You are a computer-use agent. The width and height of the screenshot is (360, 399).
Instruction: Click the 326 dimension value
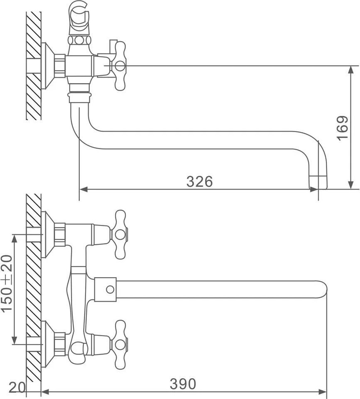[199, 182]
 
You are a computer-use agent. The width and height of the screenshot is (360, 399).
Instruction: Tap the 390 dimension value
[183, 384]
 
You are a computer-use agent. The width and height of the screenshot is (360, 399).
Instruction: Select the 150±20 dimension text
[7, 283]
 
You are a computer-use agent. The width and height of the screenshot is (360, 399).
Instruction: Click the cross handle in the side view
[120, 66]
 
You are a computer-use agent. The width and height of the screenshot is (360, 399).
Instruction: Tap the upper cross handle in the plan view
[120, 234]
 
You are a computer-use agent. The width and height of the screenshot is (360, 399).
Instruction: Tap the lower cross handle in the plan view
[120, 345]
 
